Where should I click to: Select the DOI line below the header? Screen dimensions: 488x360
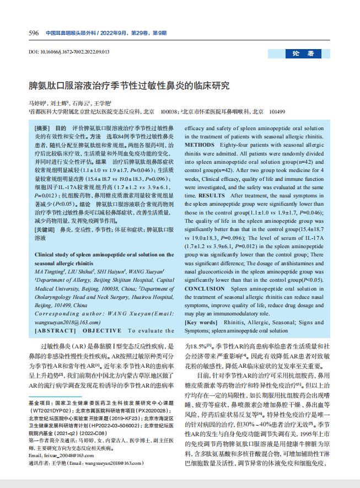pos(69,52)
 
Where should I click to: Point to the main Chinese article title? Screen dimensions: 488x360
pos(128,87)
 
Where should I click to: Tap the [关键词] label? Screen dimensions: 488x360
pos(46,228)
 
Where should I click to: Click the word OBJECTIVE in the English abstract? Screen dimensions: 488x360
pos(103,331)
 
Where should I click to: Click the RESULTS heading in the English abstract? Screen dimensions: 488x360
pos(211,196)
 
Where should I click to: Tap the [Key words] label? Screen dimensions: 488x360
pos(201,322)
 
